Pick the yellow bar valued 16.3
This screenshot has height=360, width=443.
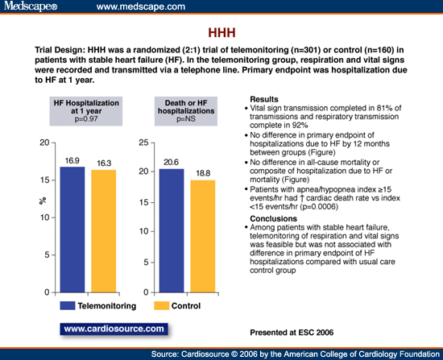click(x=101, y=231)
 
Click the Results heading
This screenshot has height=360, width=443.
click(x=267, y=98)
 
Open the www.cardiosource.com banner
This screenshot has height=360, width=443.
click(x=114, y=329)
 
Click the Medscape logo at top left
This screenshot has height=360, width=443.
click(x=29, y=7)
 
